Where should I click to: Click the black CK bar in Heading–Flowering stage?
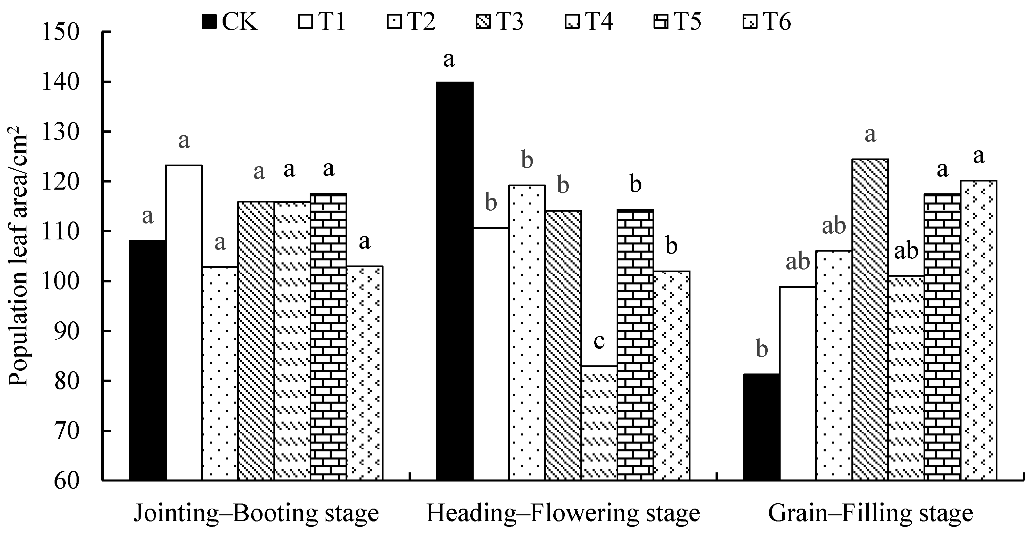(x=455, y=281)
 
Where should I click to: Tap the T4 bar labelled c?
(x=599, y=423)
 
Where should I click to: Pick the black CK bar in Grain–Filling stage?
(x=762, y=427)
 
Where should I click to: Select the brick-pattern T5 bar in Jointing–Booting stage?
(x=328, y=337)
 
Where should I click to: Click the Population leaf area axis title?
(x=18, y=261)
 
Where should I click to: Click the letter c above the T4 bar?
(x=599, y=341)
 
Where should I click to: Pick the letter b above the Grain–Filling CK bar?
(x=762, y=349)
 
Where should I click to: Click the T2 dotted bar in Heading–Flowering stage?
(x=527, y=333)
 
